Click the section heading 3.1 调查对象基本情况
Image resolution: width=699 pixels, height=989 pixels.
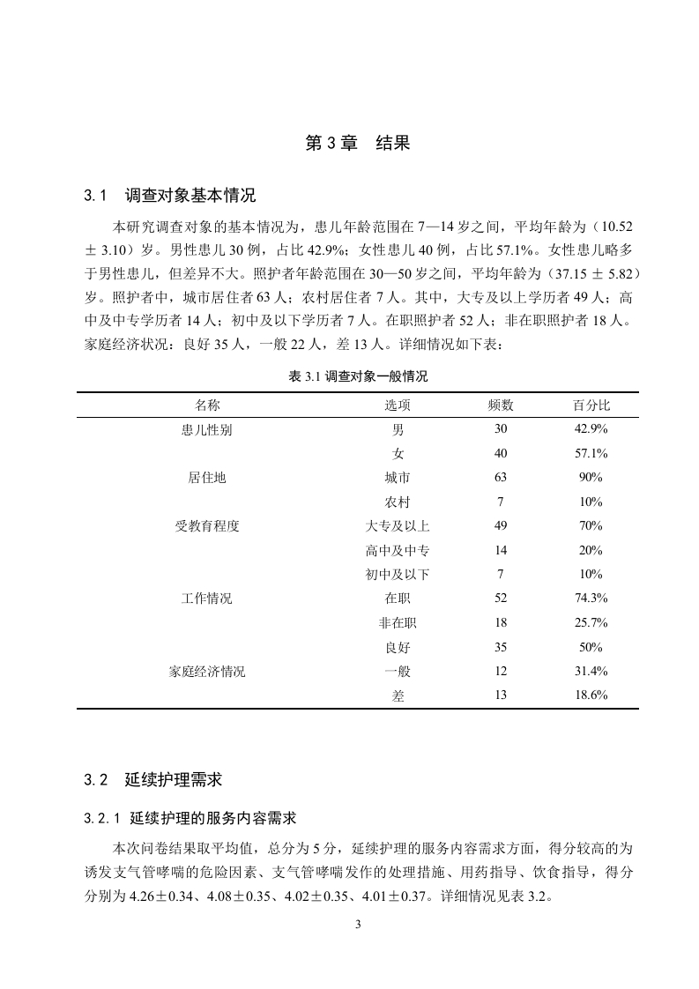[x=170, y=195]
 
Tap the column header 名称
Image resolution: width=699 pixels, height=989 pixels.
[x=207, y=405]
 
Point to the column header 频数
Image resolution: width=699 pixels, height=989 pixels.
[x=501, y=405]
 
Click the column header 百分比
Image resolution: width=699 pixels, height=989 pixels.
[x=591, y=405]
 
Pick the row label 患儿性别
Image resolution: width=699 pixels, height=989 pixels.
[x=207, y=429]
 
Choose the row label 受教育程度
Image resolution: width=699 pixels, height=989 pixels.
[x=207, y=526]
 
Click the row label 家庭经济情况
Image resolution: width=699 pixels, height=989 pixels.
[x=207, y=672]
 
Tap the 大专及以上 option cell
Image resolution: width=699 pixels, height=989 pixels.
[x=398, y=526]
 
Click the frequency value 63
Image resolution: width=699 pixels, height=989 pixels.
[x=501, y=478]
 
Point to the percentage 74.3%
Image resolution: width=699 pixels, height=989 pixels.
[x=591, y=599]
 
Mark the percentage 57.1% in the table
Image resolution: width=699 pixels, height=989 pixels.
[x=591, y=453]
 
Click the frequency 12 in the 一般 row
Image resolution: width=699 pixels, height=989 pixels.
[x=501, y=672]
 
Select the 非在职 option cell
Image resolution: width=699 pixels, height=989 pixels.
[x=398, y=623]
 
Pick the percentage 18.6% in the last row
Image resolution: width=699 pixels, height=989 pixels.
[x=591, y=695]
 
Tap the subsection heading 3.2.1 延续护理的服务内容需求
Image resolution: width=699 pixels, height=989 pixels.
[x=196, y=819]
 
